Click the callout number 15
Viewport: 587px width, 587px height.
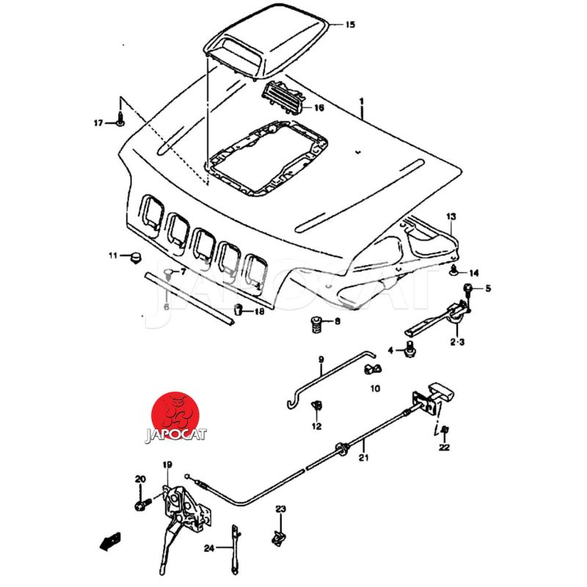point(350,24)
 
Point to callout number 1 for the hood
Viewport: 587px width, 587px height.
point(361,101)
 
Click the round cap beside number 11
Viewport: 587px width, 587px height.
point(134,256)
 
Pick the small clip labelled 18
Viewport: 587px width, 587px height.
point(238,309)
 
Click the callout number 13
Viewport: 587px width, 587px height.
point(451,216)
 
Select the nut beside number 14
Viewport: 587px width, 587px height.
point(454,271)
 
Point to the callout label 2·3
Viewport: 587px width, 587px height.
point(456,342)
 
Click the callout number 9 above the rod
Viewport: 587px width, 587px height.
point(321,360)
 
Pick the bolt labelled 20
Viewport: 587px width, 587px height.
point(140,505)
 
